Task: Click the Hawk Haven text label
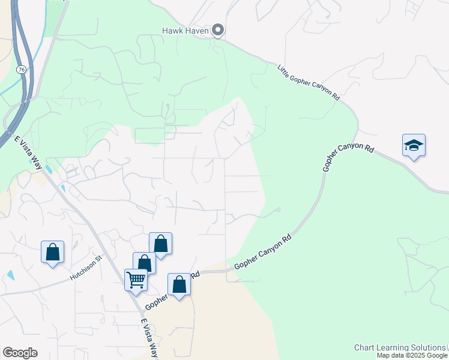click(185, 30)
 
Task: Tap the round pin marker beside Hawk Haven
click(218, 30)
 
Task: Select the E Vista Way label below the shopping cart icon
click(149, 338)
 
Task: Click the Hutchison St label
click(86, 268)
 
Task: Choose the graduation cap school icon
click(414, 146)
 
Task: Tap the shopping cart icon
click(136, 280)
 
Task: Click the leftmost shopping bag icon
click(53, 252)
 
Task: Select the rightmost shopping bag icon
click(179, 284)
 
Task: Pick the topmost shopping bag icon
click(160, 244)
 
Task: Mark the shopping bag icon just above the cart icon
click(144, 263)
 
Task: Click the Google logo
click(20, 353)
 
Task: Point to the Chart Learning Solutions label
click(399, 347)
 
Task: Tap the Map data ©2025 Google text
click(412, 355)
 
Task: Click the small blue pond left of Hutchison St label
click(11, 275)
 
